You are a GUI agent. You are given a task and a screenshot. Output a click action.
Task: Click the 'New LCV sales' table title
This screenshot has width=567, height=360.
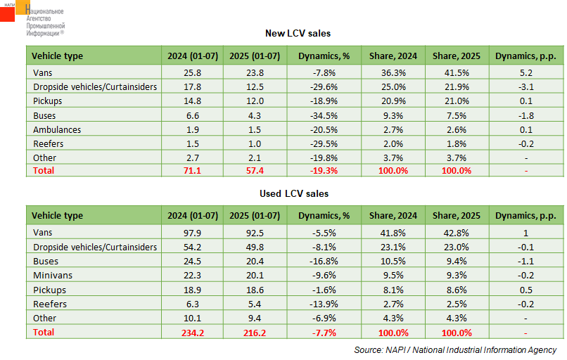click(298, 33)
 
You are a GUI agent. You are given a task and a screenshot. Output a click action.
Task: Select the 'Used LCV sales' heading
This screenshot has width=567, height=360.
click(298, 193)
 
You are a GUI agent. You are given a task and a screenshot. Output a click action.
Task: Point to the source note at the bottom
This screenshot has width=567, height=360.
click(455, 349)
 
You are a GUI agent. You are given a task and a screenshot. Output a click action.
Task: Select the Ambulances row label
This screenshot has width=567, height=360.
click(57, 129)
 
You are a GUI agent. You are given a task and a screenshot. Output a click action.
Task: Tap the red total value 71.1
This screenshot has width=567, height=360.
click(191, 171)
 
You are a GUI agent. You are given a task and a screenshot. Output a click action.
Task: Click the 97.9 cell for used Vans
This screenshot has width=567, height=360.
click(191, 232)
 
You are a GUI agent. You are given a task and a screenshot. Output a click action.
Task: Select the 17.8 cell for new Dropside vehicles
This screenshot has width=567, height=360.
click(191, 86)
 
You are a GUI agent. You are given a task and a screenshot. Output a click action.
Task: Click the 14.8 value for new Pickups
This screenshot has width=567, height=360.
click(191, 101)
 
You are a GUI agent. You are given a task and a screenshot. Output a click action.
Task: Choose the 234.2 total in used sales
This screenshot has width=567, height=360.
click(191, 332)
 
